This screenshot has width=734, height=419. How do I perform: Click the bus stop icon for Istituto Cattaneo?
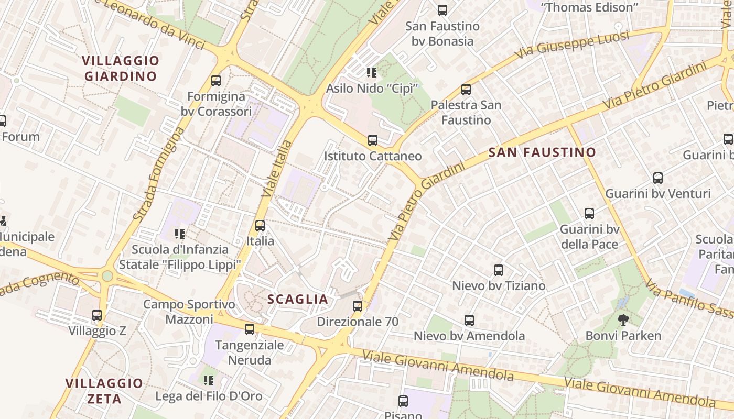tap(373, 140)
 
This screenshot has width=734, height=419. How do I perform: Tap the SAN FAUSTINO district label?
tap(542, 152)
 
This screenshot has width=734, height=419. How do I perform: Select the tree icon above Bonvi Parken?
tap(623, 320)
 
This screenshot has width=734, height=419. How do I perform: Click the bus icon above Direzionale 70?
tap(358, 306)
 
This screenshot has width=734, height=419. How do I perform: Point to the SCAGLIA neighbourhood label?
tap(298, 300)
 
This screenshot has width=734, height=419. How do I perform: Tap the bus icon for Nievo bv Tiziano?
tap(499, 270)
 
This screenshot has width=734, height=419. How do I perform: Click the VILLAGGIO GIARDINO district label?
tap(121, 68)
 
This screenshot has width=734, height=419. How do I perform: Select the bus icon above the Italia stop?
tap(260, 226)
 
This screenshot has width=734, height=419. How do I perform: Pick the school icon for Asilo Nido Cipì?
tap(372, 72)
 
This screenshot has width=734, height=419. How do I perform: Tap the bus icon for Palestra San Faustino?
tap(466, 90)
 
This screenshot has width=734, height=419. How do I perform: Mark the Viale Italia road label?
tap(276, 169)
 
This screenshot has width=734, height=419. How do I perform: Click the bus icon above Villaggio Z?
tap(97, 315)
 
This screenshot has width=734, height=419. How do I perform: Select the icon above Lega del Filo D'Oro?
tap(209, 380)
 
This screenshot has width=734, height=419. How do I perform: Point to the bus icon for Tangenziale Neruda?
tap(250, 329)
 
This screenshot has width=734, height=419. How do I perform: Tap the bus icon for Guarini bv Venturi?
tap(658, 178)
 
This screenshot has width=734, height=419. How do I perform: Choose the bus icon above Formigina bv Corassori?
tap(216, 81)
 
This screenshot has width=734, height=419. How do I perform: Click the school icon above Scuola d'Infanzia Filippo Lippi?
tap(180, 234)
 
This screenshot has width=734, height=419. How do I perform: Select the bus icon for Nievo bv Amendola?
tap(469, 320)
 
